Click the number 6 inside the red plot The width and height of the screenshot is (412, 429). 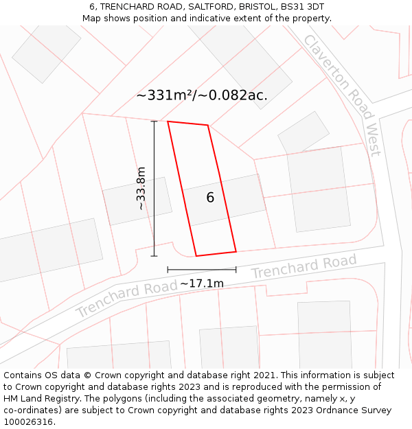210,198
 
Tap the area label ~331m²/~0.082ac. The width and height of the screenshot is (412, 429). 202,95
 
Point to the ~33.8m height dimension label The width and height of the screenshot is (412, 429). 141,188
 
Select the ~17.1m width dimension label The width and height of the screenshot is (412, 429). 202,283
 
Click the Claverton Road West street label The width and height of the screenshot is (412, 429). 342,95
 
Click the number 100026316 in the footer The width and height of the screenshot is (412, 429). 28,422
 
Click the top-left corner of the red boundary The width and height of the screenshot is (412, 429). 168,121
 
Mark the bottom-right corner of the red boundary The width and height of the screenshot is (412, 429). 236,251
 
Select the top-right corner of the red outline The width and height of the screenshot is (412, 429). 207,125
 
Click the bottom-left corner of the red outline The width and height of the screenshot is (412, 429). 196,256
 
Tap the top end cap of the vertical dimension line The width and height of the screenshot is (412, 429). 154,121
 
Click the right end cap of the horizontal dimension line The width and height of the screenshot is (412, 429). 236,270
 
